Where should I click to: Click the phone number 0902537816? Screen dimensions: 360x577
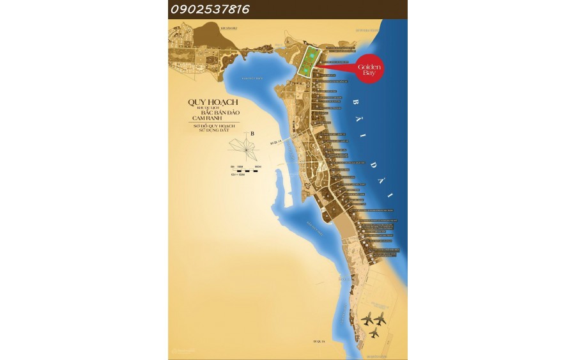click(210, 10)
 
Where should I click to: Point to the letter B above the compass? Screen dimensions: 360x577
click(252, 134)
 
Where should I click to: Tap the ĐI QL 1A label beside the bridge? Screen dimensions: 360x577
click(275, 142)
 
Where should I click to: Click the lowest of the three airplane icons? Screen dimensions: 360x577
click(374, 333)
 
